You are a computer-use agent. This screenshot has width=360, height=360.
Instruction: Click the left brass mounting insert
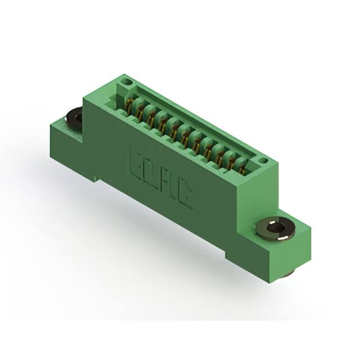pyautogui.click(x=74, y=118)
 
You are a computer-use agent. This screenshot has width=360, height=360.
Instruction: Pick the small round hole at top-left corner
pyautogui.click(x=127, y=84)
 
